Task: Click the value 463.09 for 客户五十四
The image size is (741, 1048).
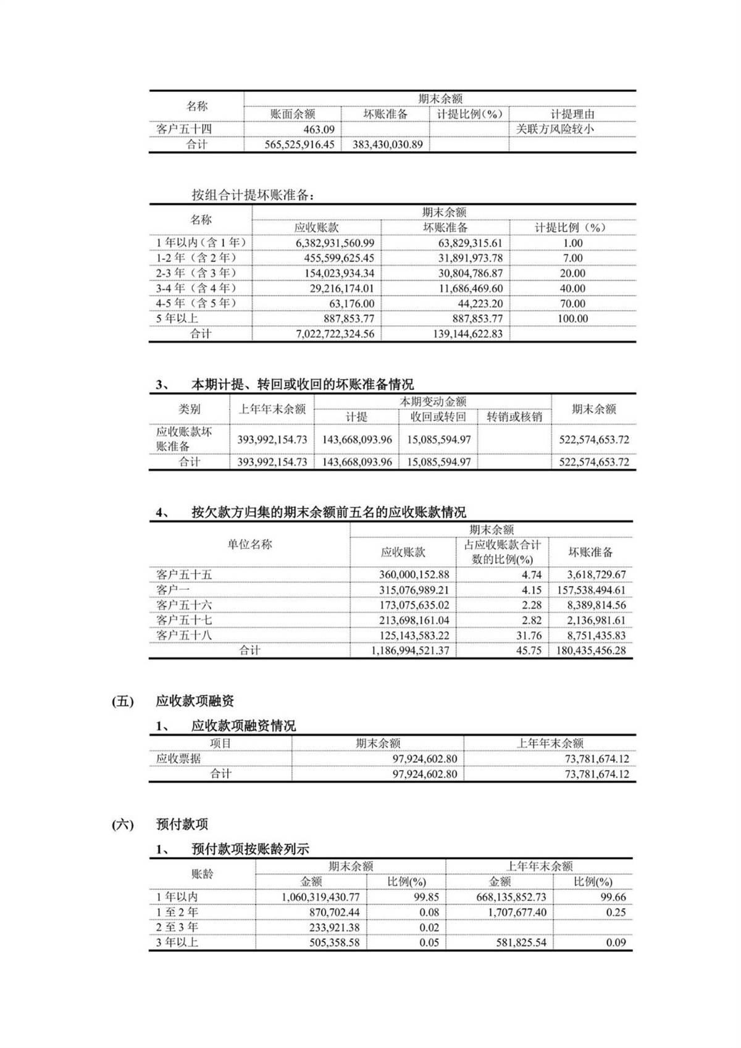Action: pos(319,129)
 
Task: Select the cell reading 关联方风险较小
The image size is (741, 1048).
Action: pos(555,129)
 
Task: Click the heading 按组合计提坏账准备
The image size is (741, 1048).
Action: pos(253,195)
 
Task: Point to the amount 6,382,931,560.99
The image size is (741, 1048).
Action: pos(335,243)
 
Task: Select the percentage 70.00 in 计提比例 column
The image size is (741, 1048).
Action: pos(572,304)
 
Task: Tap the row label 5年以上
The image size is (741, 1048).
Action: pos(177,319)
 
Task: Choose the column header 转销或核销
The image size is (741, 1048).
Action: pos(514,417)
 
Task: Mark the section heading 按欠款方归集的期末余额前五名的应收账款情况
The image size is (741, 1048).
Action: pos(329,512)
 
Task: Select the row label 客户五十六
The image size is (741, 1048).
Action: pos(184,605)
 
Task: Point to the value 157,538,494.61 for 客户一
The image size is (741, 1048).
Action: pos(591,590)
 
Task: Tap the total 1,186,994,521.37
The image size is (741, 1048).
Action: pos(410,651)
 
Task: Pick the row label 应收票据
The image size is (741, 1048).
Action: pos(178,759)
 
